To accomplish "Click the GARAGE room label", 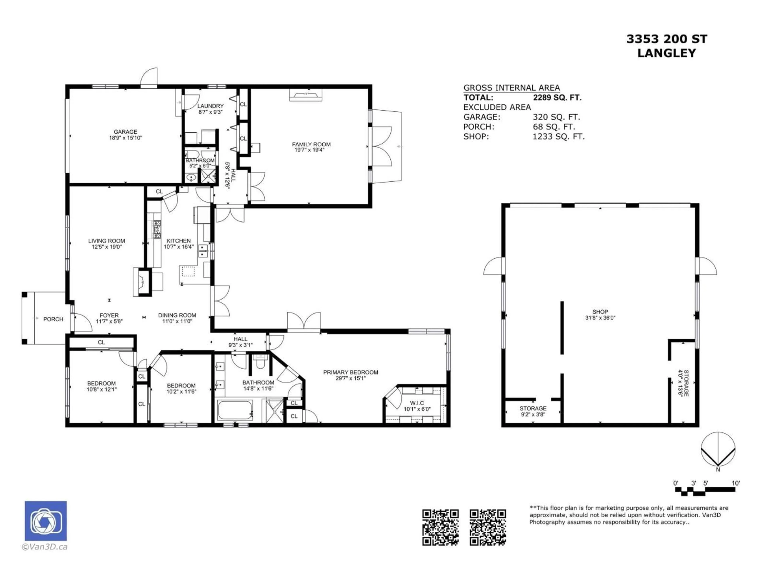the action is [125, 132].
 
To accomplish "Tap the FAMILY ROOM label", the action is [311, 144].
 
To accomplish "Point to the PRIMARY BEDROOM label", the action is [351, 372].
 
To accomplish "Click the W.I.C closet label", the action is [417, 403].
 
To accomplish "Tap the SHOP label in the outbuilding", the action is [600, 312].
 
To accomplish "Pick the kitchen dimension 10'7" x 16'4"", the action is [179, 247].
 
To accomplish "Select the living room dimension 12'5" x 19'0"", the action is [106, 247].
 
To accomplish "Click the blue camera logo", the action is [46, 521].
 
